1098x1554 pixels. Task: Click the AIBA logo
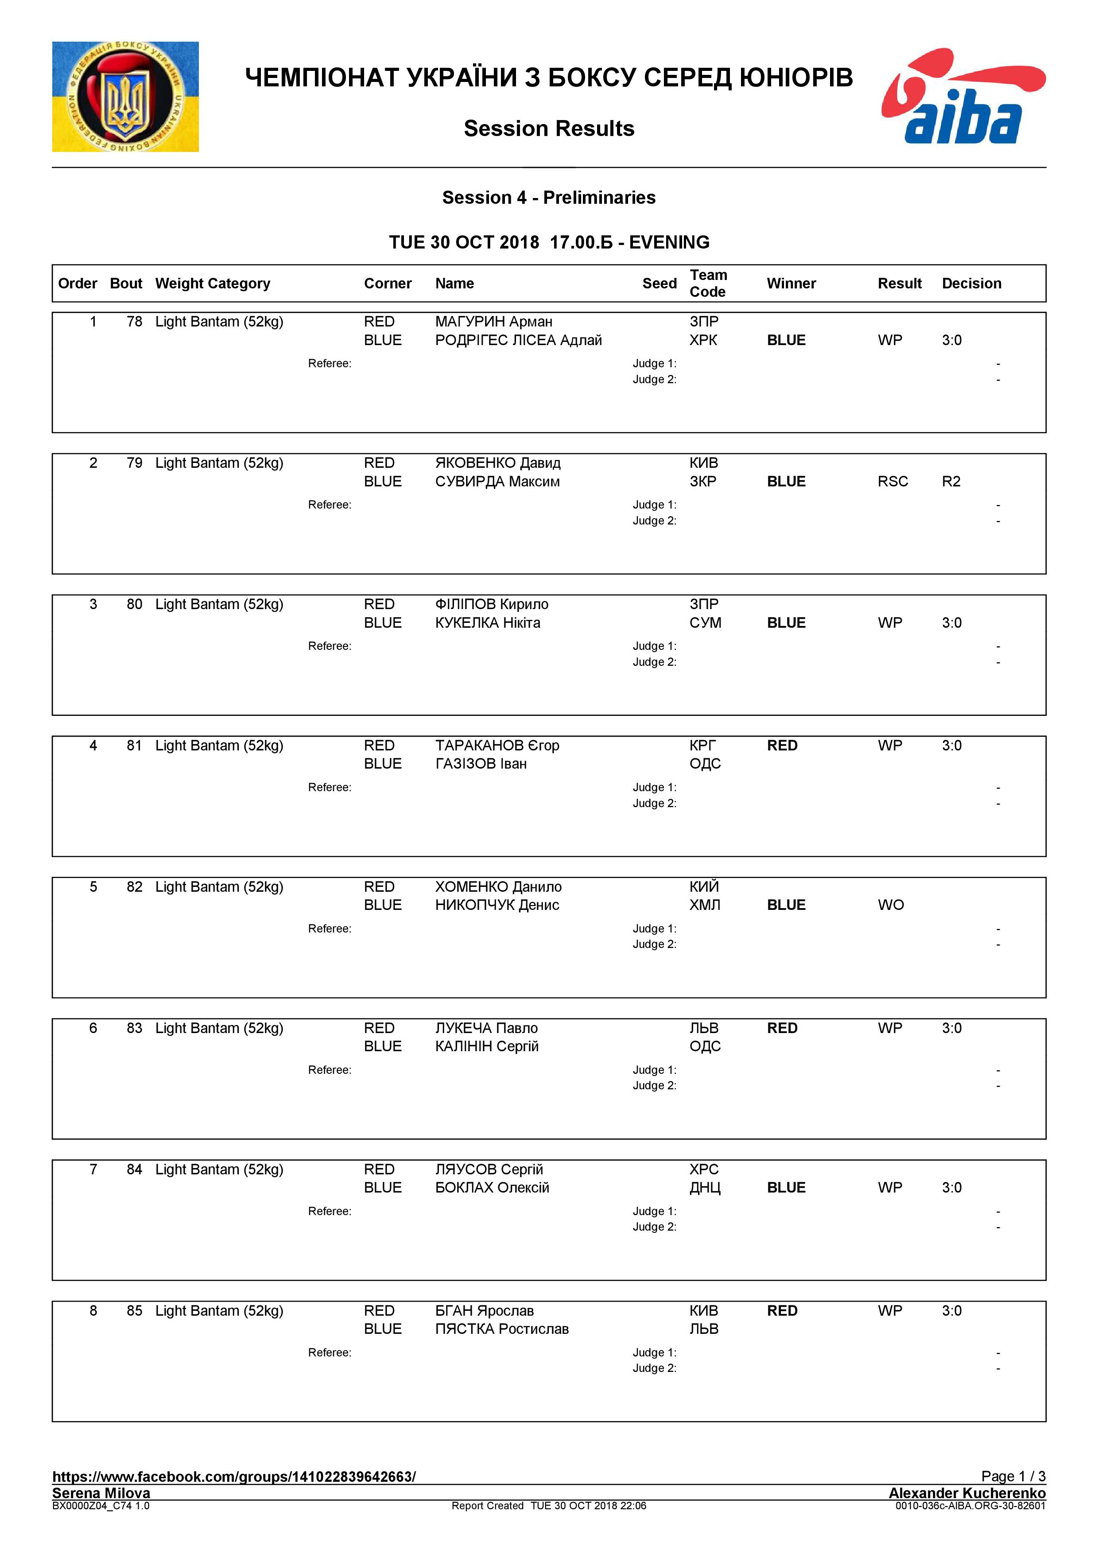[x=963, y=96]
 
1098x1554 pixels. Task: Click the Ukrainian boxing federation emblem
[x=125, y=97]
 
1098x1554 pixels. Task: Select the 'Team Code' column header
[x=708, y=283]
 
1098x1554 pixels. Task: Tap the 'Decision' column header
[x=971, y=284]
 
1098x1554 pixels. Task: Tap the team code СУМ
[x=705, y=623]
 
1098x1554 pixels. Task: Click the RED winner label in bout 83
[x=782, y=1028]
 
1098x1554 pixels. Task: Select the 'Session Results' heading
[x=549, y=128]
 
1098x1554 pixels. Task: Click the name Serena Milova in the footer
[x=101, y=1492]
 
